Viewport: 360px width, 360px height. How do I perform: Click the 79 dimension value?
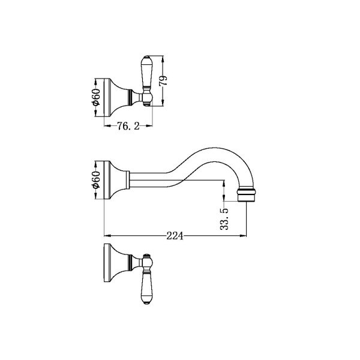coord(163,80)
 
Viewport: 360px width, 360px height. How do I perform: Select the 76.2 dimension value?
coord(128,126)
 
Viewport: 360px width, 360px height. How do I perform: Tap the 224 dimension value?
coord(175,236)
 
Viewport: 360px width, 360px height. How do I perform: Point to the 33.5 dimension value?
coord(224,219)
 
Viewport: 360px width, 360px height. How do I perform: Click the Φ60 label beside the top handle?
coord(96,97)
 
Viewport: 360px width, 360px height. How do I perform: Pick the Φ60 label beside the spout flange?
coord(96,180)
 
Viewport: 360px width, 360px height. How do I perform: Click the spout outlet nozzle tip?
coord(247,195)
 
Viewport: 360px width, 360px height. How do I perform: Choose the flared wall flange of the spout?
coord(116,180)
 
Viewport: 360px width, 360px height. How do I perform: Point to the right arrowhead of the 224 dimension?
coord(244,236)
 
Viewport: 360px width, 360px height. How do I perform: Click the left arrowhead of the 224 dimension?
coord(107,236)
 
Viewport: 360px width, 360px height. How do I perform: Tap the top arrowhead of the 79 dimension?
coord(163,59)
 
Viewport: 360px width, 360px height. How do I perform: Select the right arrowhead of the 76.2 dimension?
coord(149,125)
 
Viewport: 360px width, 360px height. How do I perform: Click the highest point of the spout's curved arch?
coord(214,148)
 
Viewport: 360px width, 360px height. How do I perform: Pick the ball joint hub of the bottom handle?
coord(147,262)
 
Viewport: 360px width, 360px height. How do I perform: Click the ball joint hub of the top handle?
coord(147,98)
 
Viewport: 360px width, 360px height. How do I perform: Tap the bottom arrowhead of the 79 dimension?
coord(163,103)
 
